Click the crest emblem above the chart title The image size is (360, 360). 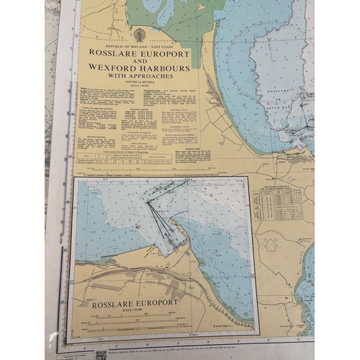140,35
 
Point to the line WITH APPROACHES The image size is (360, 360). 140,74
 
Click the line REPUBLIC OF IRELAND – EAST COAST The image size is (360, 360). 140,44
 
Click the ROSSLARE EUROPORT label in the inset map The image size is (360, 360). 135,302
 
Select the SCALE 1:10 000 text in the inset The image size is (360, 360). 135,310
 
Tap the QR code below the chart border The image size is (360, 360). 101,355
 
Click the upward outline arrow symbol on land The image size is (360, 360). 271,244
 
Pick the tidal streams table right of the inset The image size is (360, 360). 279,204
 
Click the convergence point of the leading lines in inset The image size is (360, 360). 148,202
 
